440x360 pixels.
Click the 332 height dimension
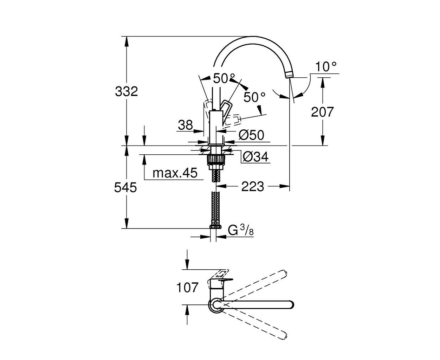point(127,91)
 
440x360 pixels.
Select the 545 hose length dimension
point(125,187)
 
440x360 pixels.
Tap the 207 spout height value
point(322,112)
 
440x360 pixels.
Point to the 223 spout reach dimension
point(253,186)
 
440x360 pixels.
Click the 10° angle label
point(326,66)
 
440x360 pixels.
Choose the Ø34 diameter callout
point(256,156)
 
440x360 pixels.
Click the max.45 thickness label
point(175,173)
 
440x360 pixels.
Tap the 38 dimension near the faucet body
point(185,125)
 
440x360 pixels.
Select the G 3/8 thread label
point(241,230)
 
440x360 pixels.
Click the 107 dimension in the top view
point(187,287)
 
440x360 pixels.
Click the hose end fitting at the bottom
point(215,227)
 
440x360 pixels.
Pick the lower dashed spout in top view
point(253,326)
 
